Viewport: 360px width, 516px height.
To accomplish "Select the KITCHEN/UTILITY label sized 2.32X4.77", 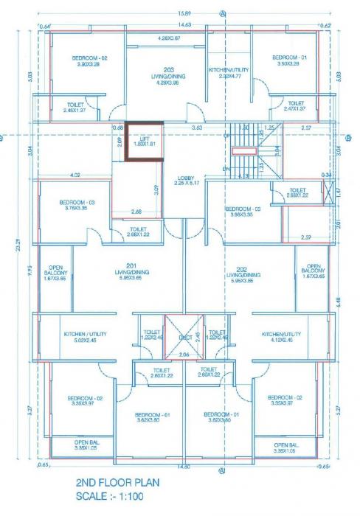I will tap(225, 72).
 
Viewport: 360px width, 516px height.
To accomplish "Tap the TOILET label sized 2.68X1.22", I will tap(138, 232).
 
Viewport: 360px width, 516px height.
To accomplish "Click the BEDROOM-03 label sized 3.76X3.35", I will tap(77, 204).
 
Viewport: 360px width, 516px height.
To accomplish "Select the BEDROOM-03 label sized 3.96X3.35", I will tap(243, 212).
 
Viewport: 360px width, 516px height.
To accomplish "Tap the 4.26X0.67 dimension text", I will tap(170, 38).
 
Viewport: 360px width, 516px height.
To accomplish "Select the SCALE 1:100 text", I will tap(111, 497).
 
